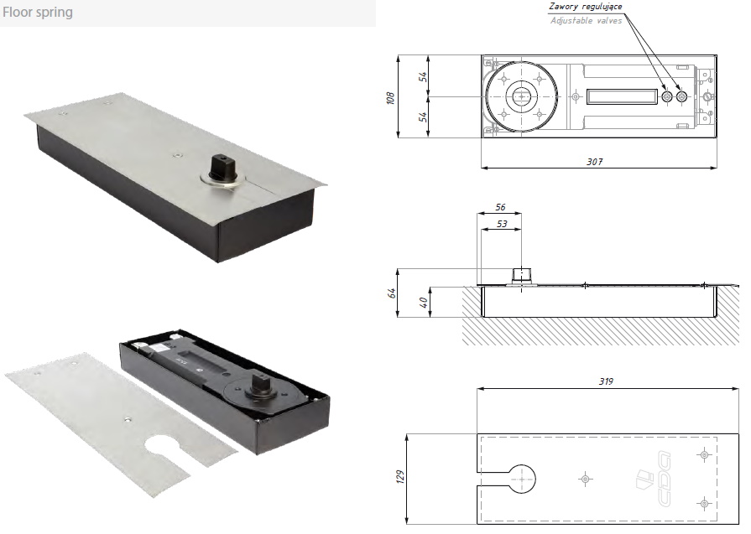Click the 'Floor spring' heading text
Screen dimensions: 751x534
coord(38,12)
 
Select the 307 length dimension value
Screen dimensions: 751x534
coord(595,162)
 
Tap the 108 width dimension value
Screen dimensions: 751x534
coord(390,98)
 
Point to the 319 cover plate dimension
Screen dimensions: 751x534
coord(606,381)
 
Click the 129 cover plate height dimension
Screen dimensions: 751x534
coord(400,477)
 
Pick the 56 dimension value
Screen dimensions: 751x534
coord(500,207)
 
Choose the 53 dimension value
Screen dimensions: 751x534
coord(502,224)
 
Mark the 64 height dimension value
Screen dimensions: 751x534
coord(392,293)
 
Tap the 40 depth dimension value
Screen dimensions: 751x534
coord(423,302)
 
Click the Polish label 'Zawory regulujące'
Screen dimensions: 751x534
coord(586,6)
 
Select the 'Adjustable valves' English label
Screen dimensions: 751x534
coord(586,21)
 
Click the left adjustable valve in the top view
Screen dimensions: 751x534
coord(667,96)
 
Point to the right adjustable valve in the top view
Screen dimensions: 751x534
coord(682,96)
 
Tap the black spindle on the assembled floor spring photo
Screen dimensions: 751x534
coord(221,165)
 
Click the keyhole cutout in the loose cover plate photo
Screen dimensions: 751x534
coord(165,450)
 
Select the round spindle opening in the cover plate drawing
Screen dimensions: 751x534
coord(521,479)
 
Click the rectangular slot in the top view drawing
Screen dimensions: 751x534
coord(621,96)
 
